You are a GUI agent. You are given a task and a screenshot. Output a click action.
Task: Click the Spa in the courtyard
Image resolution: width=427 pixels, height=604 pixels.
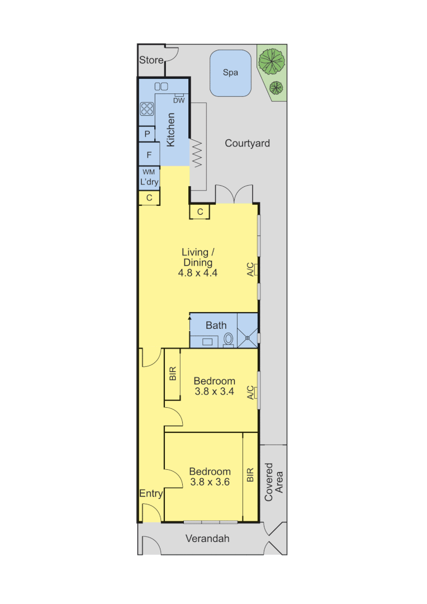click(x=230, y=73)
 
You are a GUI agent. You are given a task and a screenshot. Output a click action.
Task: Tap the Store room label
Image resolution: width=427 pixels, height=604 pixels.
click(x=151, y=60)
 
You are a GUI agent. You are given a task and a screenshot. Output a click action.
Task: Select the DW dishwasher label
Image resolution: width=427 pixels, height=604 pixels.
click(x=179, y=101)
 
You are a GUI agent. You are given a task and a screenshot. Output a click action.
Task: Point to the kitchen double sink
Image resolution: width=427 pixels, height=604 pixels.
click(x=161, y=86)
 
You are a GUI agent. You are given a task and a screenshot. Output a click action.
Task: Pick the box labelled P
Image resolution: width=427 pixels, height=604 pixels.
click(x=147, y=134)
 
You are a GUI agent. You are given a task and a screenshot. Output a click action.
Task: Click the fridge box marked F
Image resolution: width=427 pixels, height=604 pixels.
click(x=149, y=155)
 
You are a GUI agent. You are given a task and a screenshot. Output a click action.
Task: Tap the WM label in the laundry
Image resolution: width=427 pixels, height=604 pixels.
click(x=149, y=172)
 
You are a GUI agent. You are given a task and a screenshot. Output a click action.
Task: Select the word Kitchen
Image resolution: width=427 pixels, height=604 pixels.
click(x=171, y=130)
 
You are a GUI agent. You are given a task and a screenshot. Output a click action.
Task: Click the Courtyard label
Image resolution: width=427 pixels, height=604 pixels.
click(x=247, y=143)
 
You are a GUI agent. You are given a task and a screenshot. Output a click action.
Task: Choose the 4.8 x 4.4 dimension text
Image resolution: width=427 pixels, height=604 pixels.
click(x=197, y=273)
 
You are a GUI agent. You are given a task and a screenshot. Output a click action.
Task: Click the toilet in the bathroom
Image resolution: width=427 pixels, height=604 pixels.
click(x=228, y=339)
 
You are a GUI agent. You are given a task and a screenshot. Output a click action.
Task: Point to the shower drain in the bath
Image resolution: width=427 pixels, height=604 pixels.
click(x=247, y=337)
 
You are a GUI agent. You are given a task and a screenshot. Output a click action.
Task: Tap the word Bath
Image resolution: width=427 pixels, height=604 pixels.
click(x=216, y=325)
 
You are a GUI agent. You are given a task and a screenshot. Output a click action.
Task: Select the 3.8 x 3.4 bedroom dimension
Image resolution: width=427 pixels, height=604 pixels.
click(x=215, y=391)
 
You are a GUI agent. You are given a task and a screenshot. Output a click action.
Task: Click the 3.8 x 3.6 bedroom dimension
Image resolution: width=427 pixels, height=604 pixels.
click(x=210, y=482)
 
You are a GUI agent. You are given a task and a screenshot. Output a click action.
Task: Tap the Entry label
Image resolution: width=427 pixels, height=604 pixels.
click(x=151, y=493)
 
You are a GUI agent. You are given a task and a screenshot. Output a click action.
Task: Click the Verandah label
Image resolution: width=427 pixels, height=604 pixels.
click(x=207, y=539)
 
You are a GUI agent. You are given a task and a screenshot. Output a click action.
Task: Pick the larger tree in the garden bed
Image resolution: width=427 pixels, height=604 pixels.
click(x=272, y=60)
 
